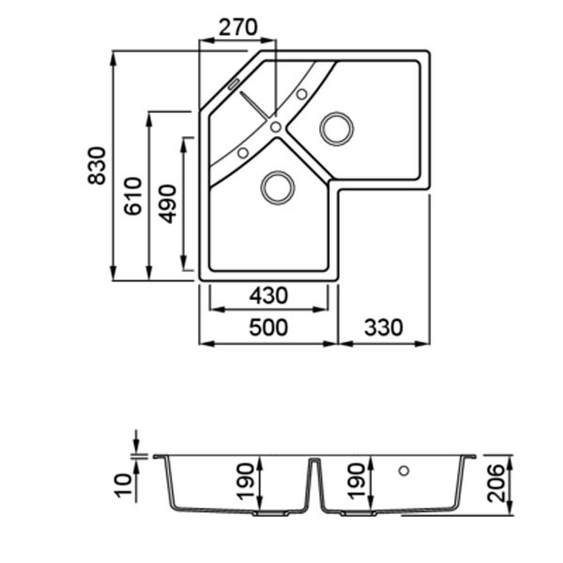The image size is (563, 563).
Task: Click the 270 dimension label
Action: (x=238, y=27)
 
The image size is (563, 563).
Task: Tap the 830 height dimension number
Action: (x=97, y=165)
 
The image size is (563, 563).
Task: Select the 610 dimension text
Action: (x=133, y=196)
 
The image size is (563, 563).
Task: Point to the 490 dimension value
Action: (x=167, y=204)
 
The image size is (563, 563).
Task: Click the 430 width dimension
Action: (x=268, y=296)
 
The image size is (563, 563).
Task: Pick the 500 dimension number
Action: (x=268, y=327)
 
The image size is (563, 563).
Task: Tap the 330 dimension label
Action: (x=384, y=327)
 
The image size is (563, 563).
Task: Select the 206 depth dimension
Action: (x=495, y=483)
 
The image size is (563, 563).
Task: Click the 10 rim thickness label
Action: (x=124, y=486)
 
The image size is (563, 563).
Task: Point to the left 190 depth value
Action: (x=246, y=481)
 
